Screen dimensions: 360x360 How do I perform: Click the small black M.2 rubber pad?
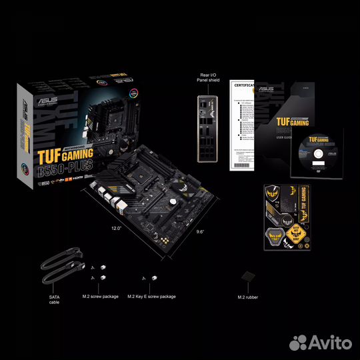click(247, 275)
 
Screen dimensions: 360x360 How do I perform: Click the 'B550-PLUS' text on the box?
click(65, 167)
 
